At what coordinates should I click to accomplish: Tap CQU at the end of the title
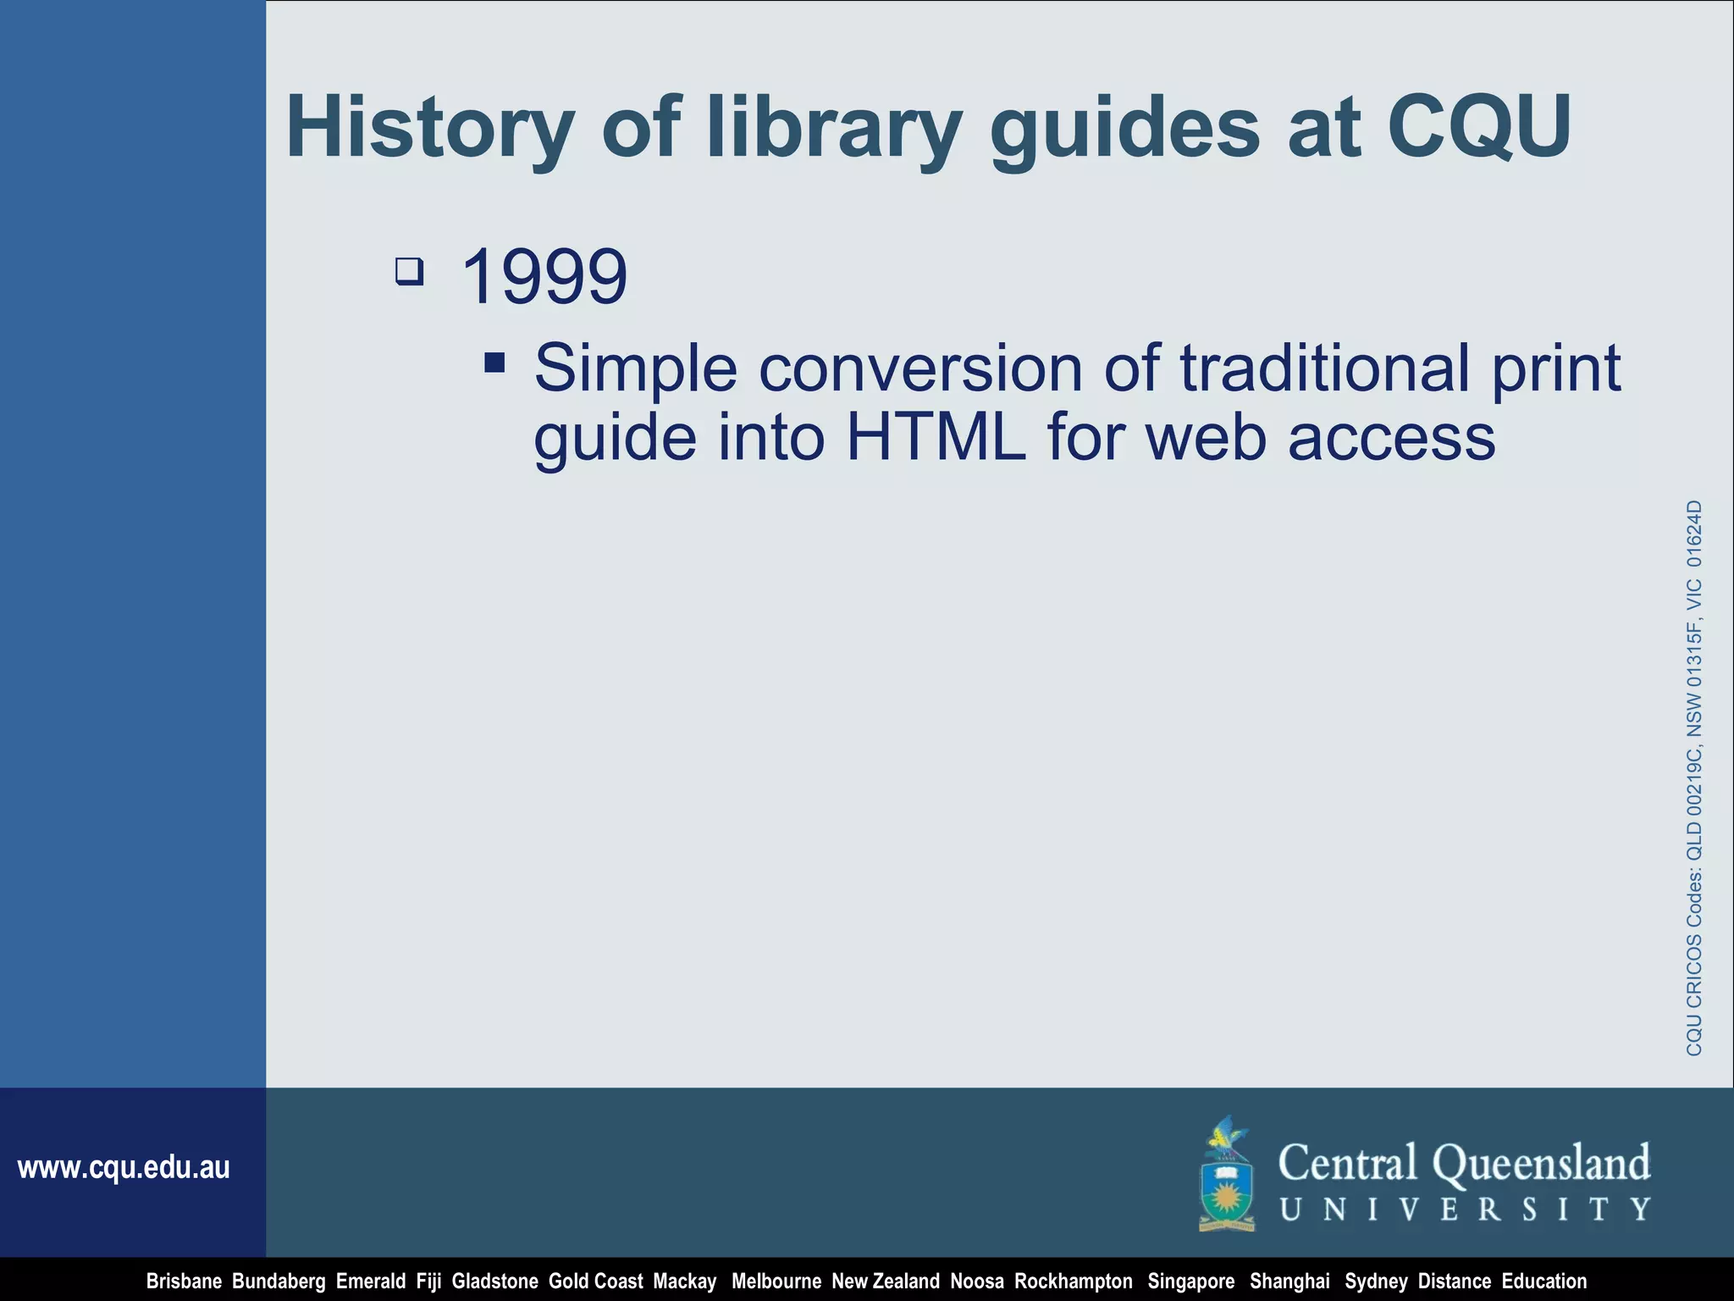(x=1478, y=126)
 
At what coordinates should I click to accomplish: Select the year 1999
(x=544, y=277)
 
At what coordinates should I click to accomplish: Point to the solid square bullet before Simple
(x=495, y=363)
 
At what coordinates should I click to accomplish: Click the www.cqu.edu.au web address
(x=124, y=1168)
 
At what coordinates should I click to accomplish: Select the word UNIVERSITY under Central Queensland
(x=1465, y=1210)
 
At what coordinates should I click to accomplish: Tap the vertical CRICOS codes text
(x=1693, y=778)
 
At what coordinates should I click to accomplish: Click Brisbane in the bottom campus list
(x=184, y=1282)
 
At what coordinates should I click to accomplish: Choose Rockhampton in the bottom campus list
(x=1073, y=1282)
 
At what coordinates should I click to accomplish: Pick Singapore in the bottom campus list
(x=1190, y=1282)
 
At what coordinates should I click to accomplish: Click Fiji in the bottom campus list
(x=428, y=1282)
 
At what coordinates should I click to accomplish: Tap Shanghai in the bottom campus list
(x=1289, y=1282)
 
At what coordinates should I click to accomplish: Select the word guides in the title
(x=1125, y=128)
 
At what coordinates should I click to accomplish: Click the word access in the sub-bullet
(x=1391, y=437)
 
